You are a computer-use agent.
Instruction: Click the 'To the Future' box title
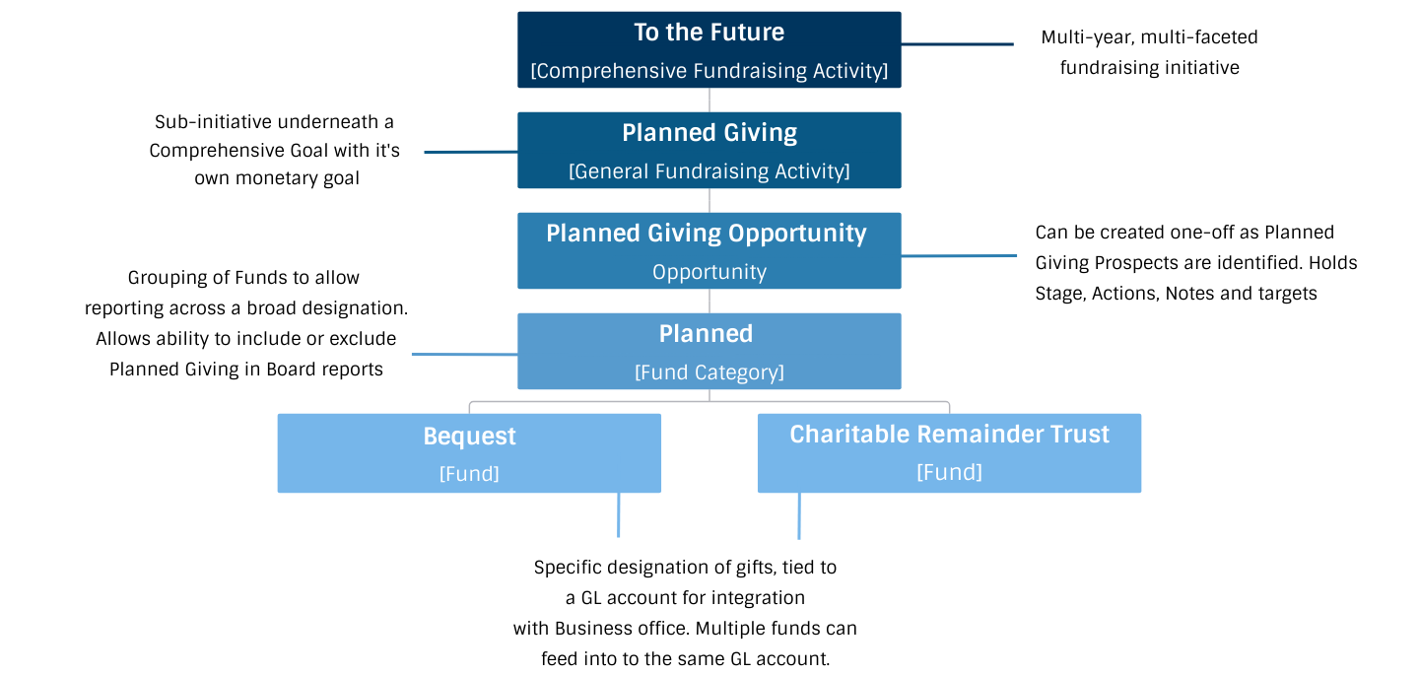709,33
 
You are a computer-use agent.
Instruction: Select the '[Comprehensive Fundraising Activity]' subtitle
709,71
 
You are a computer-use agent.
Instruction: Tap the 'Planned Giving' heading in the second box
709,133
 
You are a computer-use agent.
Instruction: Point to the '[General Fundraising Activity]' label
709,171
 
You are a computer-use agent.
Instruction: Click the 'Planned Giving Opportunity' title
707,234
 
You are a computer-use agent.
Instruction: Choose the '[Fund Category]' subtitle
709,372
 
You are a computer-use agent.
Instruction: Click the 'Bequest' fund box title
469,437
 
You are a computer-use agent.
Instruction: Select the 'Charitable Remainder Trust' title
949,435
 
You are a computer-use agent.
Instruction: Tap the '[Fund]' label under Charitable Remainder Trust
949,472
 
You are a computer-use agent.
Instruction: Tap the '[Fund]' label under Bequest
469,474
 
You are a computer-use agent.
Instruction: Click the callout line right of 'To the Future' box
957,44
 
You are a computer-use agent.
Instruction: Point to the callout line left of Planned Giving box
471,152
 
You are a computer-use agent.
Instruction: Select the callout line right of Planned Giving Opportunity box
959,256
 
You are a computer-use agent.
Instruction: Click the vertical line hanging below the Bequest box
618,514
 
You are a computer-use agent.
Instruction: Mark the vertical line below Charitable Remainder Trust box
799,515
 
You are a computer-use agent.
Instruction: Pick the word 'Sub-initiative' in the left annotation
214,122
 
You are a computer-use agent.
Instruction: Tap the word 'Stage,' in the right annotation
1060,294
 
